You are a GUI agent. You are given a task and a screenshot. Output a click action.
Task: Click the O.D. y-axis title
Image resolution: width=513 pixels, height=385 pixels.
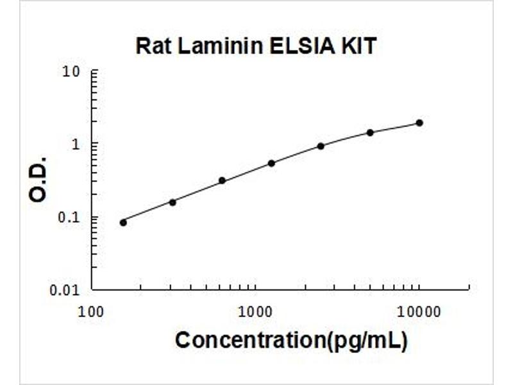38,178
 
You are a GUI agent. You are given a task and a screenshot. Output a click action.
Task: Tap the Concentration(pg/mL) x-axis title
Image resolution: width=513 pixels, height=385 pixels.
290,340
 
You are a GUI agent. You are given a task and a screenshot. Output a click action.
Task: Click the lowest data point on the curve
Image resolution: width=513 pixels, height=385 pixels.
123,222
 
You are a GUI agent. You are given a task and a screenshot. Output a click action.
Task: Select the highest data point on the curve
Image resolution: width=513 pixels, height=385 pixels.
419,123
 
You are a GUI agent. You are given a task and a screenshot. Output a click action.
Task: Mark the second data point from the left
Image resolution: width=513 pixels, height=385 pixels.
172,202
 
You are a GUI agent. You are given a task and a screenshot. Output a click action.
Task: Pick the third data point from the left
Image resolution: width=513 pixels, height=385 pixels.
222,180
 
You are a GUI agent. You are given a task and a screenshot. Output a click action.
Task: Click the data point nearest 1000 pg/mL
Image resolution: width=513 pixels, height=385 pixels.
271,163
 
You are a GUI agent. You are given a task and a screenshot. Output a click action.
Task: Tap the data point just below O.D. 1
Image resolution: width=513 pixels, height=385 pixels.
321,146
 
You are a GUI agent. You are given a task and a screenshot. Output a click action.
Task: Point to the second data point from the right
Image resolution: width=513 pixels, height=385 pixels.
370,132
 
